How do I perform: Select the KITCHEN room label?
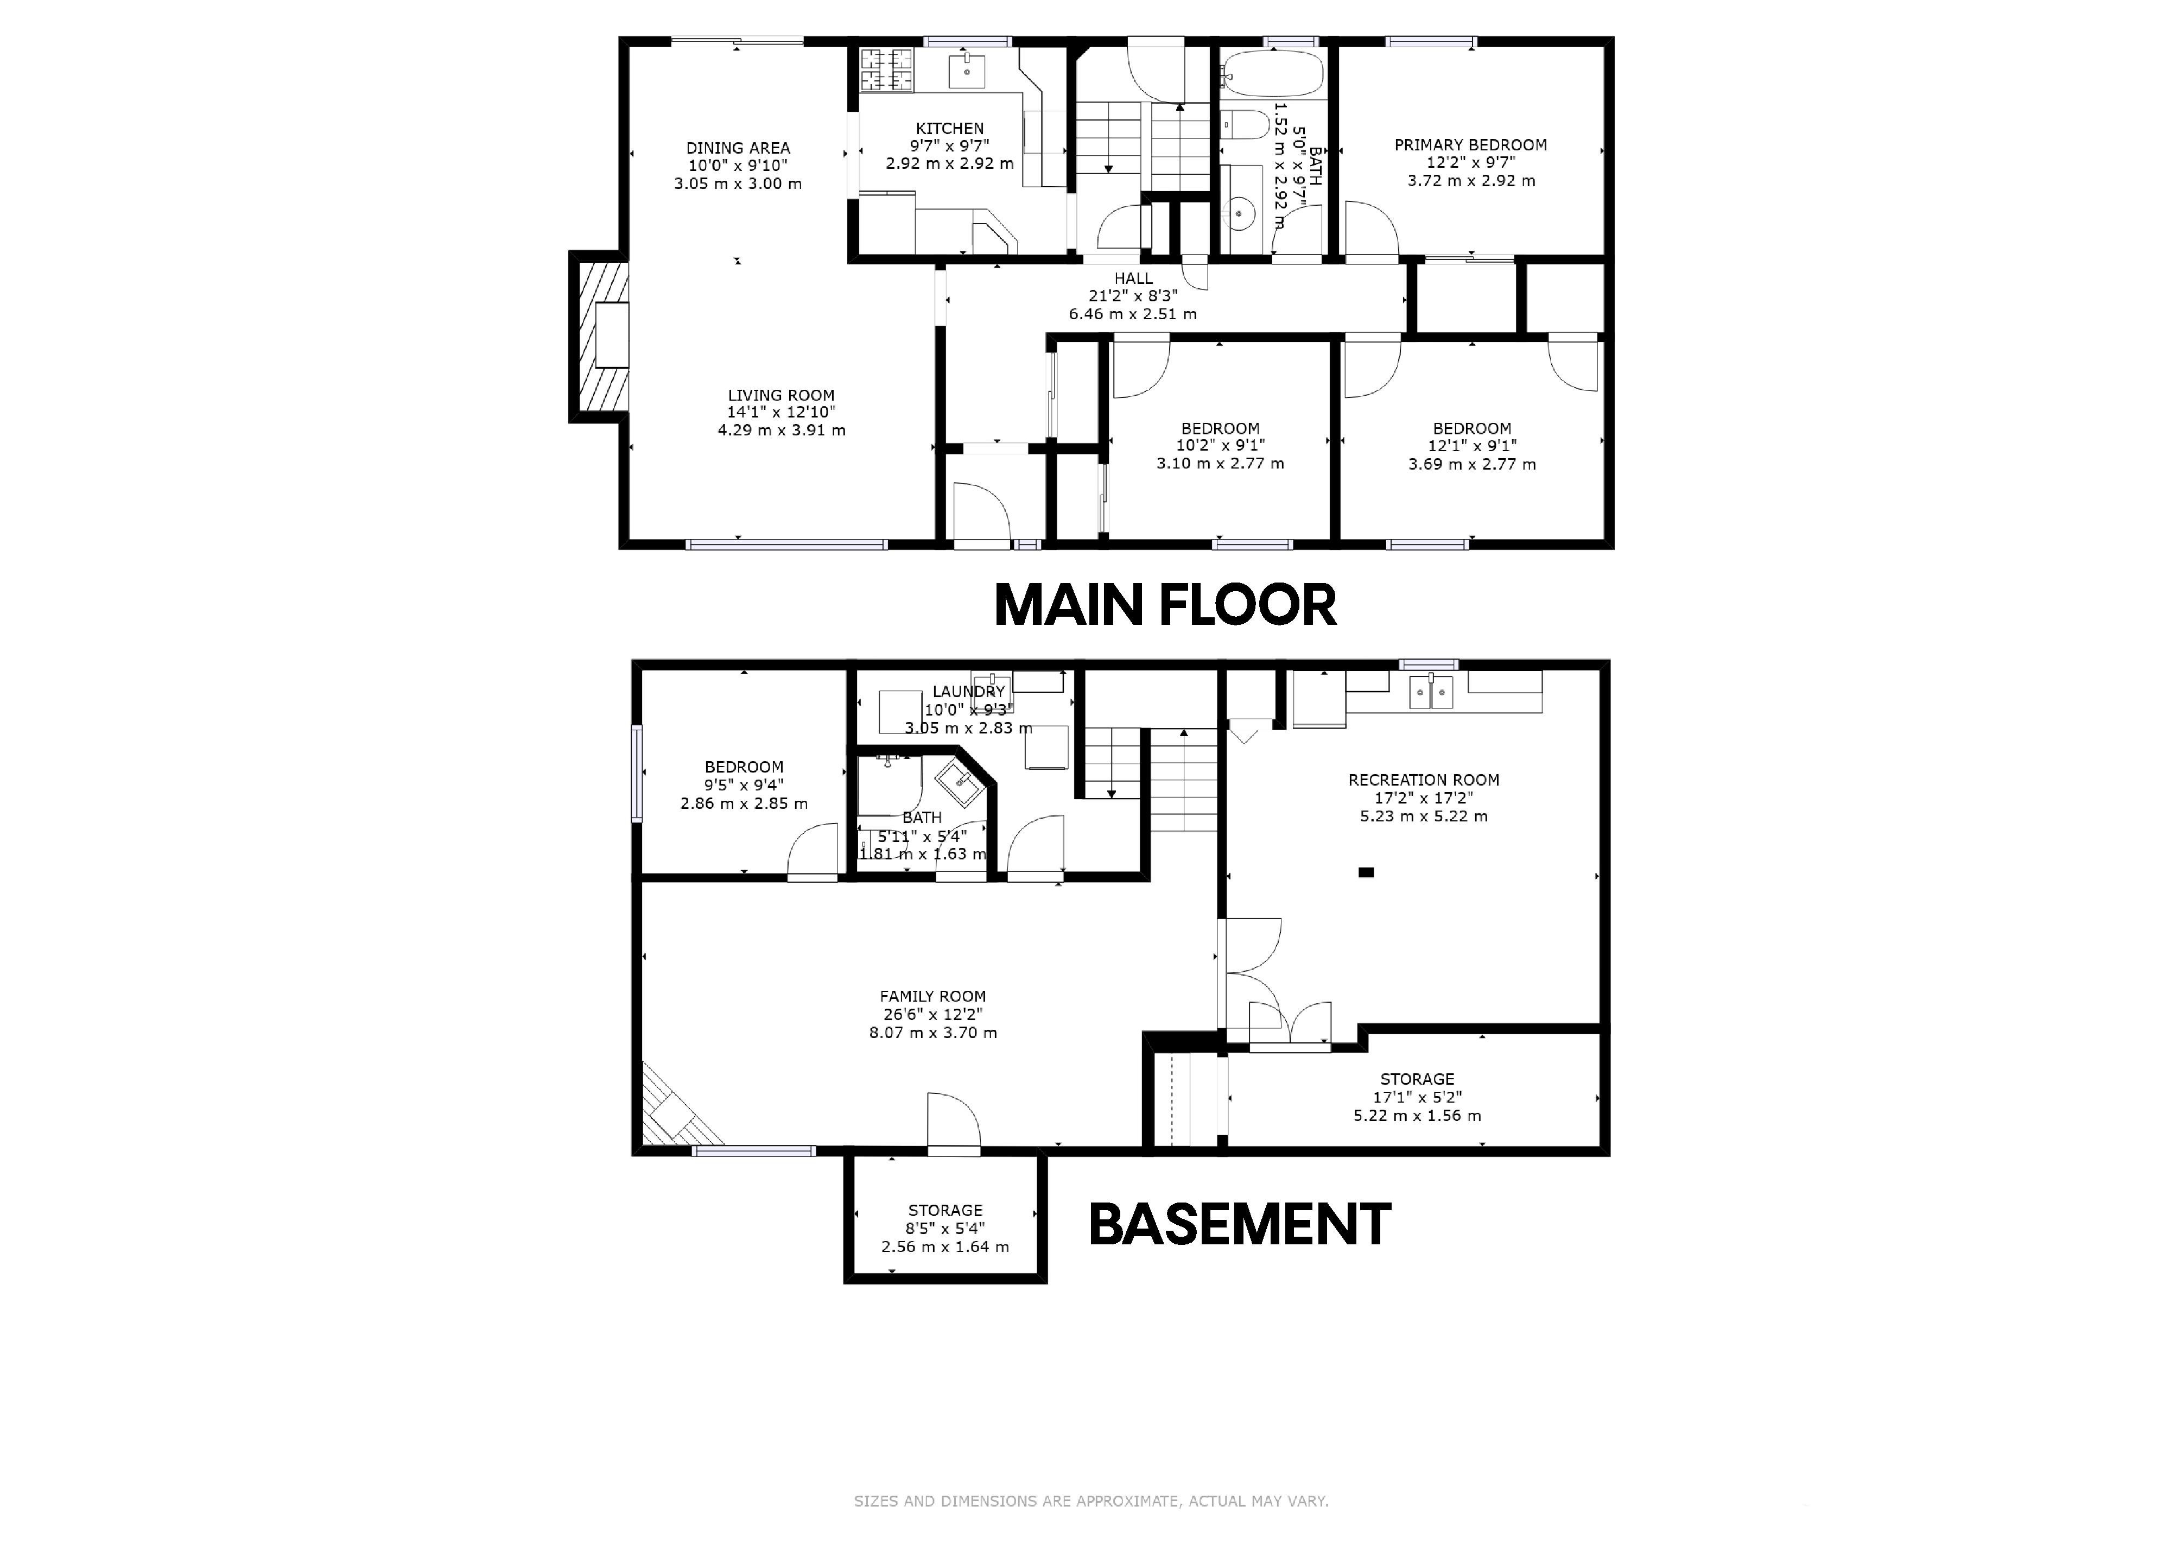[950, 128]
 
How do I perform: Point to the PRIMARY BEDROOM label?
[1471, 144]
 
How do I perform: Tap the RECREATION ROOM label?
[1423, 780]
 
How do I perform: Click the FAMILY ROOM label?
[932, 996]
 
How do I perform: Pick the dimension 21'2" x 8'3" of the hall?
[1133, 296]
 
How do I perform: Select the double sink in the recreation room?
[1431, 691]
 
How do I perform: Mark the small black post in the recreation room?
[1366, 872]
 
